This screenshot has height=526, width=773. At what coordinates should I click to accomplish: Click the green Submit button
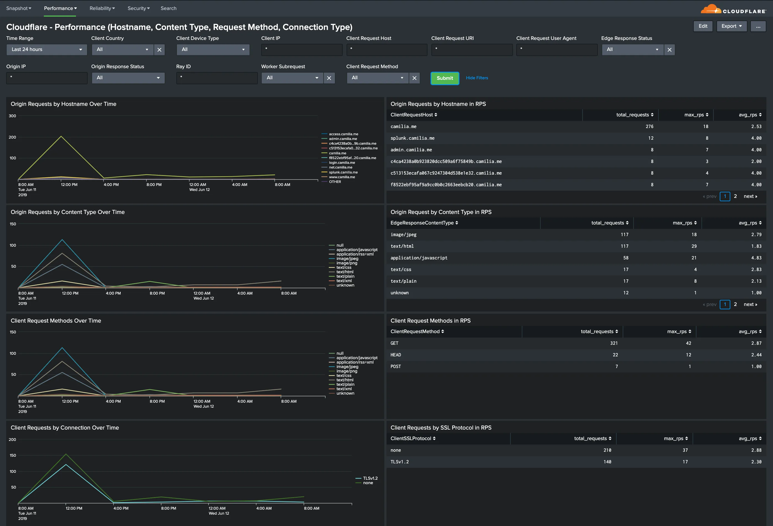445,78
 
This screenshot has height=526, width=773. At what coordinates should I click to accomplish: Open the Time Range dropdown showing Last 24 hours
47,50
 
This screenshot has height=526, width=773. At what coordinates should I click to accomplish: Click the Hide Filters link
477,78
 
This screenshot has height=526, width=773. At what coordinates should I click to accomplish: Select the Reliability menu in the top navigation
102,8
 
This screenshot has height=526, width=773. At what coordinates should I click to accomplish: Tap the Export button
731,26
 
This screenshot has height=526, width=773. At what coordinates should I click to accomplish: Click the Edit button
703,26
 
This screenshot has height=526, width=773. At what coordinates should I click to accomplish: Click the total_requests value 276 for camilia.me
649,126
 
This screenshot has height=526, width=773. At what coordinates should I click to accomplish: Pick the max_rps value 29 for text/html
694,246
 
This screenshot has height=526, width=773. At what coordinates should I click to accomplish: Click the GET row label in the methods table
395,343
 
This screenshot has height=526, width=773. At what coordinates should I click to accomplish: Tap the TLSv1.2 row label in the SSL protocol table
400,462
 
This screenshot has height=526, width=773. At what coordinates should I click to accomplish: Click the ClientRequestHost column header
414,115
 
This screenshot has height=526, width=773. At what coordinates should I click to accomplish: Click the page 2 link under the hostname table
735,196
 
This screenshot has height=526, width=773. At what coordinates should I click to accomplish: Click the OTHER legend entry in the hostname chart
335,182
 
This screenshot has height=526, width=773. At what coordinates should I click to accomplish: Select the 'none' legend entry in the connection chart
368,483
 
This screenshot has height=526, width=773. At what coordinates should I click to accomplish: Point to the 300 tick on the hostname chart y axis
12,116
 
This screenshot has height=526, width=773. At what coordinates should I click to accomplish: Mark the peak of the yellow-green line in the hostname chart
61,136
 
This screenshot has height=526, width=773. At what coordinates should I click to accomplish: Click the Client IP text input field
301,50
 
